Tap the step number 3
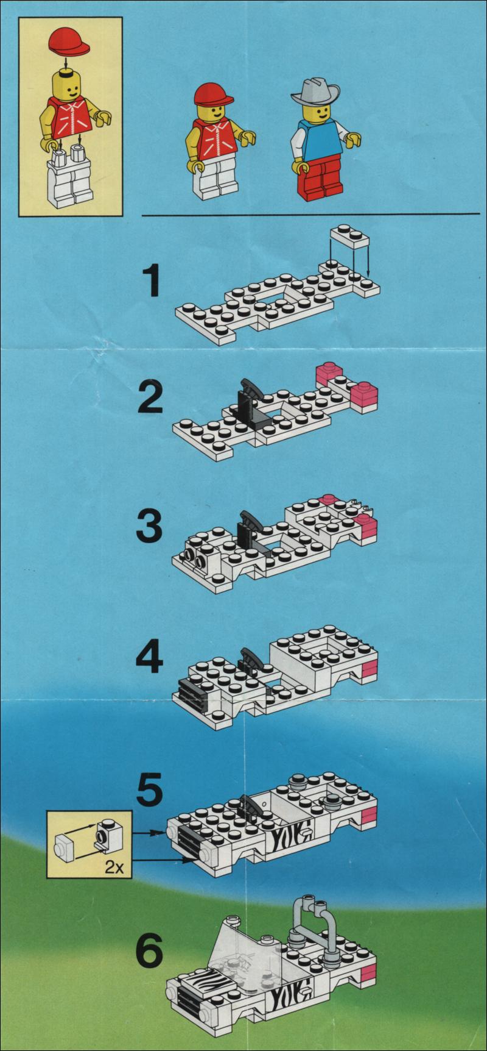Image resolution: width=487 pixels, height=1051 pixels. pyautogui.click(x=150, y=527)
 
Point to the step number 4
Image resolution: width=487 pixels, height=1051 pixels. pyautogui.click(x=150, y=657)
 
